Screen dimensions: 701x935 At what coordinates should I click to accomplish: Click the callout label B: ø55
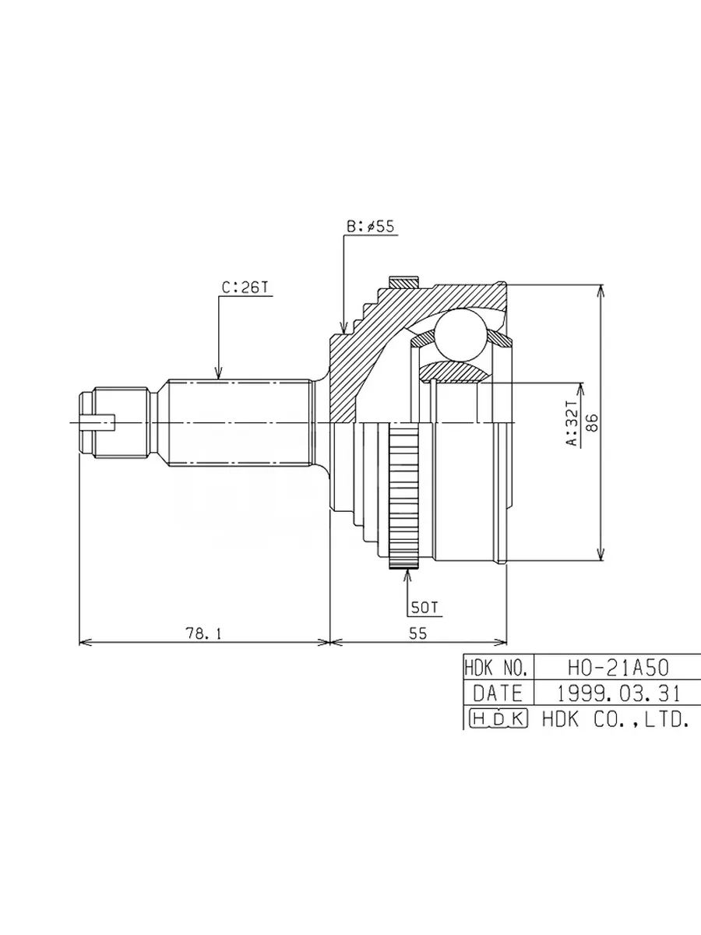(370, 227)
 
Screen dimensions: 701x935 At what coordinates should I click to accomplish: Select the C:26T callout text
(246, 288)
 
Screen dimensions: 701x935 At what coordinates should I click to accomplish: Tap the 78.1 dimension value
(203, 633)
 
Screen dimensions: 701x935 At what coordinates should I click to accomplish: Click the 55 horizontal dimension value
(417, 633)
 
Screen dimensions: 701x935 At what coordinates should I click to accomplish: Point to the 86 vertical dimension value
(594, 422)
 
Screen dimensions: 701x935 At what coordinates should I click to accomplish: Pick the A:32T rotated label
(574, 422)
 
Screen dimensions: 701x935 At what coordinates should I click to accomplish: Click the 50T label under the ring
(424, 608)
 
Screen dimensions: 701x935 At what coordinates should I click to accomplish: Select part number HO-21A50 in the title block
(618, 669)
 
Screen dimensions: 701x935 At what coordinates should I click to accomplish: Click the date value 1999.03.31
(618, 693)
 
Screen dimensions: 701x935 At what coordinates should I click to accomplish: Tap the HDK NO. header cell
(498, 668)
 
